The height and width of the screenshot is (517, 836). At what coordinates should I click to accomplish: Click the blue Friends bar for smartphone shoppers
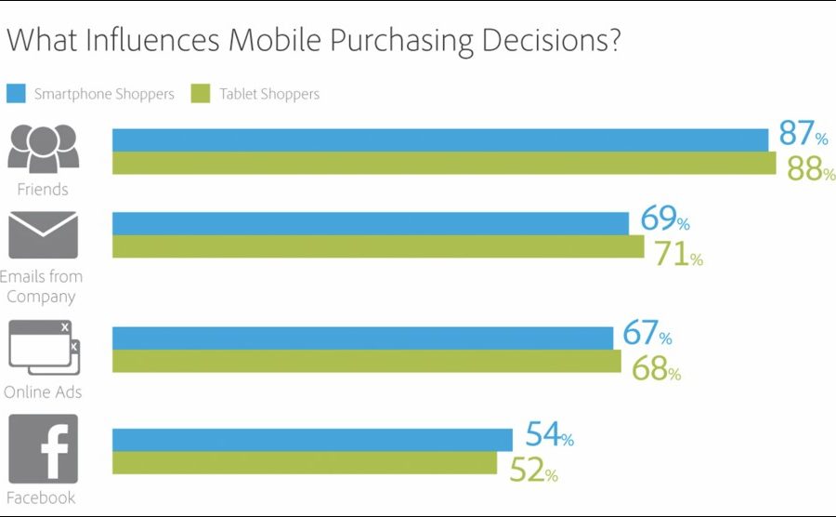tap(440, 139)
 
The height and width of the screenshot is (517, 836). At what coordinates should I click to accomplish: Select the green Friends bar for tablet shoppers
tap(444, 163)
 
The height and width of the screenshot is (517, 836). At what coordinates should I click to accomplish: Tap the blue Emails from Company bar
tap(371, 223)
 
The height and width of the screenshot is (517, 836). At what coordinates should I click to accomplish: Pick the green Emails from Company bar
tap(378, 246)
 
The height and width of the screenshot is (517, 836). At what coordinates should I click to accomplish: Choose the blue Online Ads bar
tap(362, 338)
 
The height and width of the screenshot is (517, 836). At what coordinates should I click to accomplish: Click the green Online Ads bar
tap(367, 361)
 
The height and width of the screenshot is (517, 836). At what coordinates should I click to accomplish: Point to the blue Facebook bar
tap(312, 439)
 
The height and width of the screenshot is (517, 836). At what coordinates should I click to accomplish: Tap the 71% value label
tap(677, 255)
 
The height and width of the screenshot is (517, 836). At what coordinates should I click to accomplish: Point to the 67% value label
tap(647, 333)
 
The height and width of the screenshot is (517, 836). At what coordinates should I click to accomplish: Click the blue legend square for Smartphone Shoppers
tap(16, 93)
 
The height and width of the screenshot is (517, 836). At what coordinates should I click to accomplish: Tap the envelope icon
tap(43, 235)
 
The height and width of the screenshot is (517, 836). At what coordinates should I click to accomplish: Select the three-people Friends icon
tap(43, 148)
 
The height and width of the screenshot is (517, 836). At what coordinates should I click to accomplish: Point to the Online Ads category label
tap(43, 392)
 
